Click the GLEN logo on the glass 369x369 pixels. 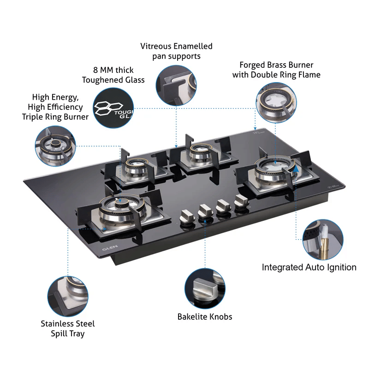coord(110,248)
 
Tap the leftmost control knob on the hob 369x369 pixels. coord(187,216)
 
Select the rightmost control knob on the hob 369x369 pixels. coord(241,202)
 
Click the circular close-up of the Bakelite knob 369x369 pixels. coord(205,289)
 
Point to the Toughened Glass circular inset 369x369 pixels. coord(113,108)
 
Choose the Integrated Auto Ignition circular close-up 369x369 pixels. coord(323,239)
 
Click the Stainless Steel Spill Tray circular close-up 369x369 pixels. coord(68,296)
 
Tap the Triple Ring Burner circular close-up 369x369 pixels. coord(55,146)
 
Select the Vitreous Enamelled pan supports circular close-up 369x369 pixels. coord(176,85)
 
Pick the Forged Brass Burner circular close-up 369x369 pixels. coord(276,102)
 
